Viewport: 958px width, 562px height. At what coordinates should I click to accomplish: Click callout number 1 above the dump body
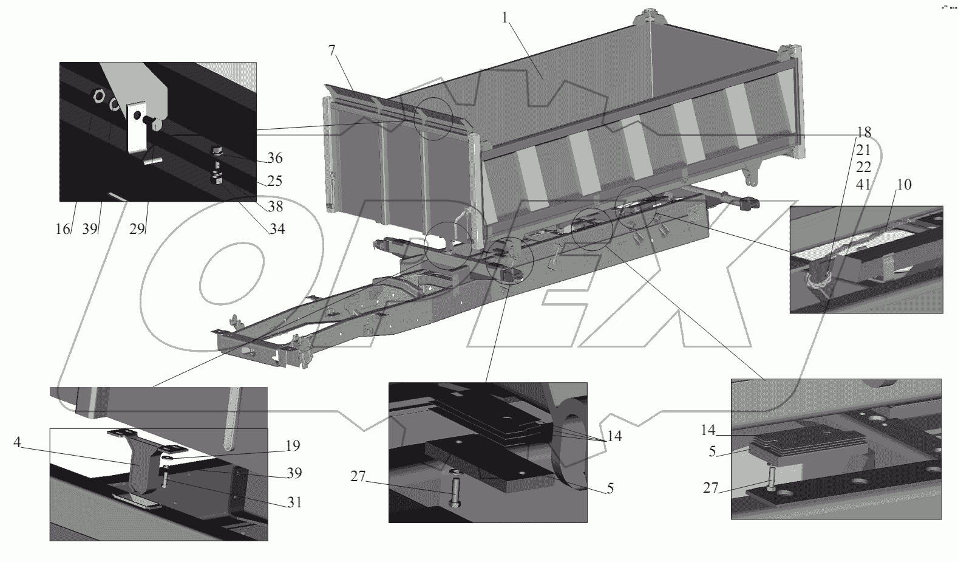pyautogui.click(x=504, y=18)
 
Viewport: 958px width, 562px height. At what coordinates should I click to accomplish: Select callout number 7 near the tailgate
pyautogui.click(x=331, y=51)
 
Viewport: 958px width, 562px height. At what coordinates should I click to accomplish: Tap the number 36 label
pyautogui.click(x=275, y=159)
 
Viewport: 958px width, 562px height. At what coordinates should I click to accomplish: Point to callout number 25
pyautogui.click(x=275, y=181)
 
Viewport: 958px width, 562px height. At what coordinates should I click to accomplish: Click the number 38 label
pyautogui.click(x=275, y=207)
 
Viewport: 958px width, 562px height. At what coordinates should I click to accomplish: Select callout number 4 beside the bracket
pyautogui.click(x=18, y=443)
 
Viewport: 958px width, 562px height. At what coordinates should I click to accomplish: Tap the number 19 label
pyautogui.click(x=293, y=446)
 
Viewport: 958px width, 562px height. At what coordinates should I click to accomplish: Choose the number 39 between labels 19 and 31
pyautogui.click(x=293, y=473)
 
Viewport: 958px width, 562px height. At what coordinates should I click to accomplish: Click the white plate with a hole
pyautogui.click(x=138, y=126)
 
